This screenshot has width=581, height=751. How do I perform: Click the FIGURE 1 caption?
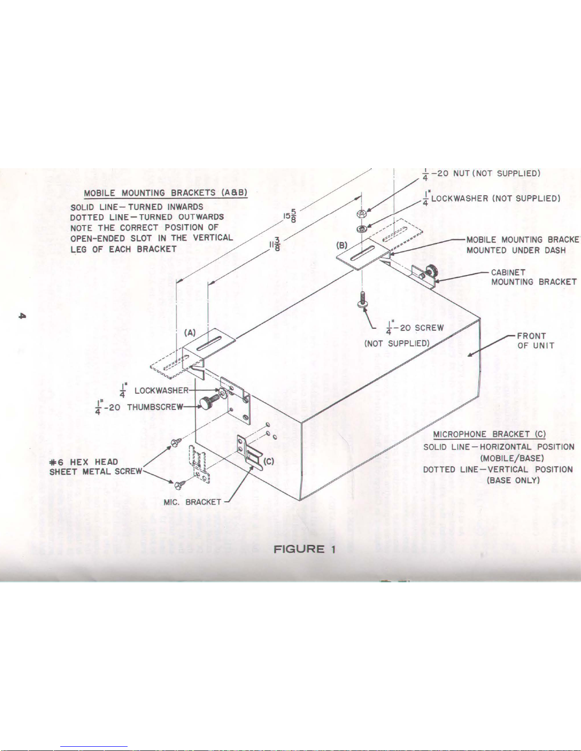[x=305, y=549]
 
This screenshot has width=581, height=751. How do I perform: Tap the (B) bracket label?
[x=342, y=245]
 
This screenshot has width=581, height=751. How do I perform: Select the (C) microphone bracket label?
[x=268, y=461]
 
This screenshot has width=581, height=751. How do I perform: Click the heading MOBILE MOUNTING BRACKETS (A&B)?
[x=166, y=193]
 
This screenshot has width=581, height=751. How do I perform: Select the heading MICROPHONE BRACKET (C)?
[x=489, y=434]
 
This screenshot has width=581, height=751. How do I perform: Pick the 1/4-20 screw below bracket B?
[x=362, y=300]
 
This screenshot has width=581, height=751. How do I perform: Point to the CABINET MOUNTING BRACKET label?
[x=534, y=277]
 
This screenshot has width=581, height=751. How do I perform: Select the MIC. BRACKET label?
[x=192, y=502]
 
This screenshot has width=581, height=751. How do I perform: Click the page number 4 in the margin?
[x=21, y=316]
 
